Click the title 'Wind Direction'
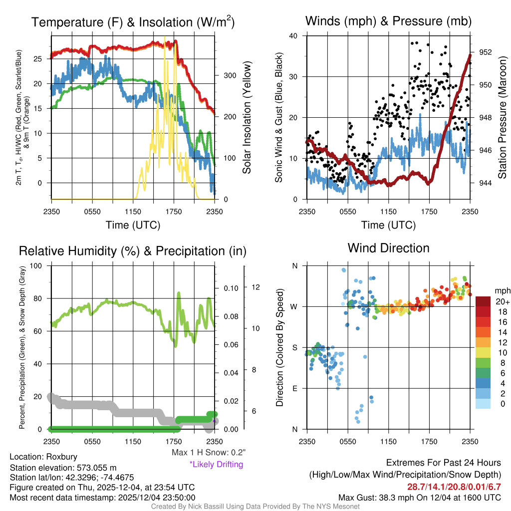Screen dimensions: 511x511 point(388,248)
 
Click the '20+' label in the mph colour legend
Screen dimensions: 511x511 point(502,301)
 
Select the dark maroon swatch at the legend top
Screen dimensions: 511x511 point(484,301)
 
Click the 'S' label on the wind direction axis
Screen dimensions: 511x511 point(294,347)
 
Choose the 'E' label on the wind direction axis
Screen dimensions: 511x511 point(294,388)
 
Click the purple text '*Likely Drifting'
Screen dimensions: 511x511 point(216,464)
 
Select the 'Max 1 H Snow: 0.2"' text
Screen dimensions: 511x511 point(208,453)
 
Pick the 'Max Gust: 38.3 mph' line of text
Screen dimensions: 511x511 point(419,498)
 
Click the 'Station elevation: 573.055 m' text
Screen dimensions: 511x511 point(63,468)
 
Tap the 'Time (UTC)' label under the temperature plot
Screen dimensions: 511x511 point(133,225)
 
